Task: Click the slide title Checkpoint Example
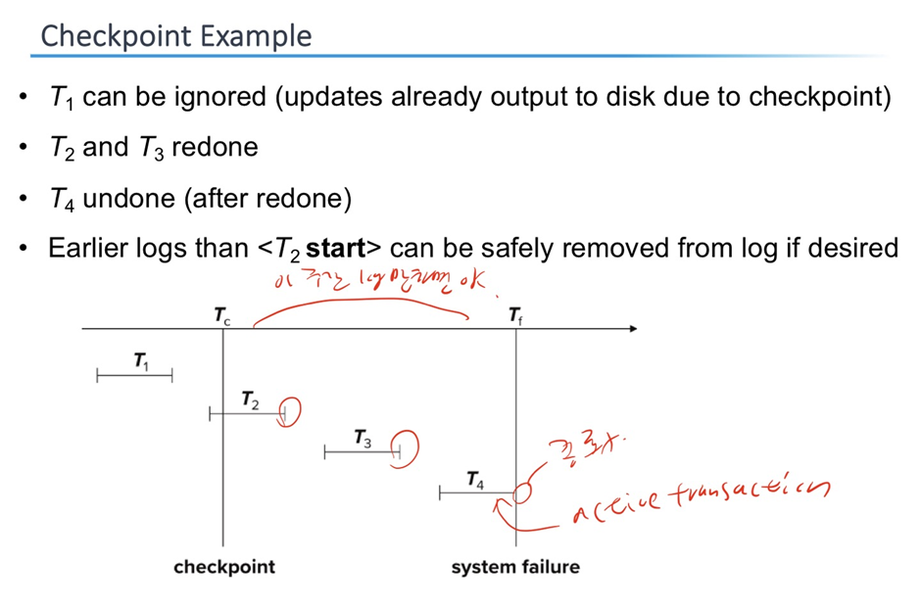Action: [176, 36]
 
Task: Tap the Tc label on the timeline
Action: [223, 315]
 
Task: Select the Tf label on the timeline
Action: [515, 315]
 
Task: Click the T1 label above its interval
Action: [142, 362]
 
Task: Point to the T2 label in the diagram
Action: [251, 399]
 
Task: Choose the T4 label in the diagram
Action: [475, 480]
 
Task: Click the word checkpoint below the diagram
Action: [224, 567]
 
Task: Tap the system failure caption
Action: [515, 567]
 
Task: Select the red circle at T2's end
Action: [289, 413]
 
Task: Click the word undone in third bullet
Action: [122, 199]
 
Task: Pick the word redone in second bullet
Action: [215, 148]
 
